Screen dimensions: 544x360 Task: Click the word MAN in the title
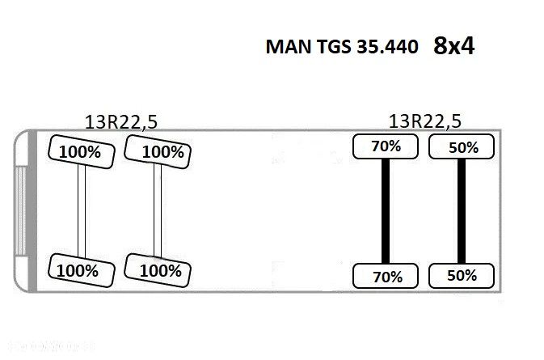[289, 47]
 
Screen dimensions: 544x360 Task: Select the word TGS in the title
[334, 47]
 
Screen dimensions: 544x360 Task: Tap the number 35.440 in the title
[387, 47]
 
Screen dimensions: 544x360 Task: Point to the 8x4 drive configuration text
[453, 46]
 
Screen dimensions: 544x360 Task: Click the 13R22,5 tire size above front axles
[121, 122]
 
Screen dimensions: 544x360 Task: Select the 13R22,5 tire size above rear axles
[425, 121]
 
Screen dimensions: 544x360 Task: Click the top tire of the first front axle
[82, 152]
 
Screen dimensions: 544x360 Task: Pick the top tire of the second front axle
[158, 152]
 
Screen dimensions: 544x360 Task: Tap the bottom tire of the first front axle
[82, 270]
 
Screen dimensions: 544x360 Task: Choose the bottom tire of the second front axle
[158, 270]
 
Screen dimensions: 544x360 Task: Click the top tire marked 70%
[386, 146]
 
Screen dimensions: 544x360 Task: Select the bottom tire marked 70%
[386, 276]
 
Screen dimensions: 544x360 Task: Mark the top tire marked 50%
[462, 146]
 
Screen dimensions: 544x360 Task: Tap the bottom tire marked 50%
[462, 276]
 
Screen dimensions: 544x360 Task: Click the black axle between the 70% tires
[386, 211]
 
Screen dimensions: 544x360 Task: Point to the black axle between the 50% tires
[462, 211]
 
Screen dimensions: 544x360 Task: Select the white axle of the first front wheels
[82, 210]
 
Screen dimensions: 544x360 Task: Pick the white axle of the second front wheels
[158, 210]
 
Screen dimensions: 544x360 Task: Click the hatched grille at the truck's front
[21, 211]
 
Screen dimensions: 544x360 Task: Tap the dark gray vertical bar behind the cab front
[32, 210]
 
